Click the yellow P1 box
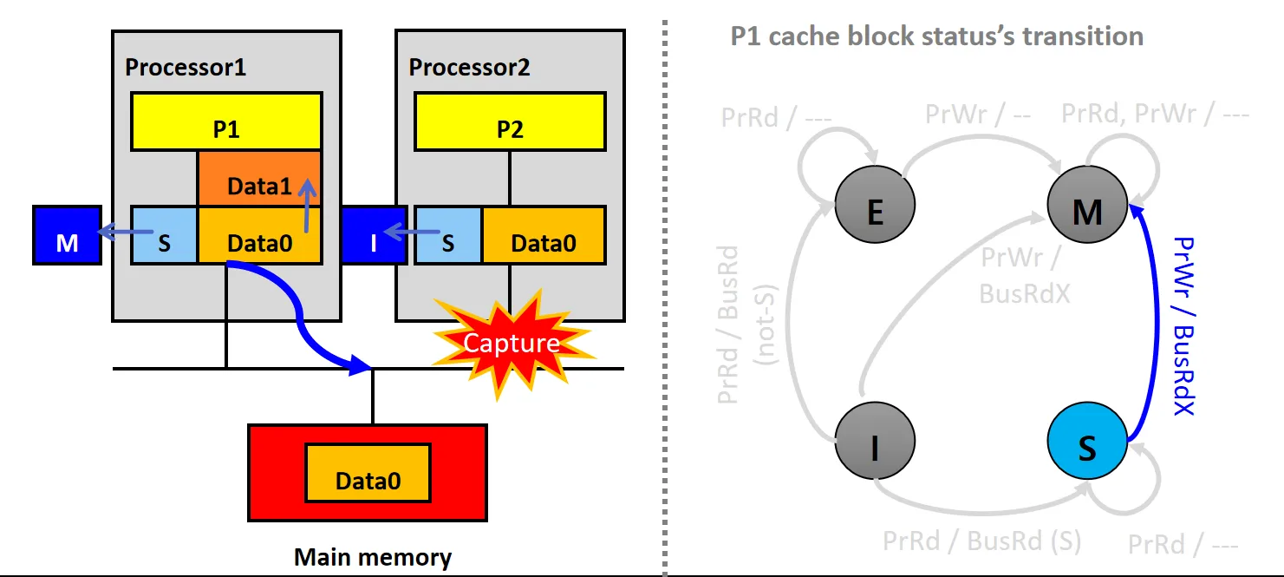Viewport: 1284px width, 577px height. pos(225,121)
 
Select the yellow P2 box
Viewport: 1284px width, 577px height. pos(510,121)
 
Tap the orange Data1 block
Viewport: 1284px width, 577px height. pos(259,178)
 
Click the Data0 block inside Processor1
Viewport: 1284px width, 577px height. pos(259,234)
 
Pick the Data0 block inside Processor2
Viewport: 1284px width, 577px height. pos(543,234)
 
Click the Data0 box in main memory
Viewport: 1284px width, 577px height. pos(368,472)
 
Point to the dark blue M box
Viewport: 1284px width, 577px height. pos(67,235)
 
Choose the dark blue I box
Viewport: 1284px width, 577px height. pos(374,235)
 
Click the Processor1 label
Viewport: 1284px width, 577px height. pos(186,67)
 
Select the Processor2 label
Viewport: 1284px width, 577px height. pos(469,67)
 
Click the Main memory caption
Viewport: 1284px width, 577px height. pos(373,557)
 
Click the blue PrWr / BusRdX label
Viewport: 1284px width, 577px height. pos(1183,325)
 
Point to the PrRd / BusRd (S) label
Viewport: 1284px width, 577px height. pos(981,541)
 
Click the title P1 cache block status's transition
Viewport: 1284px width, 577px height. pos(936,36)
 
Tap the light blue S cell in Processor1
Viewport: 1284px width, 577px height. pos(164,235)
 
